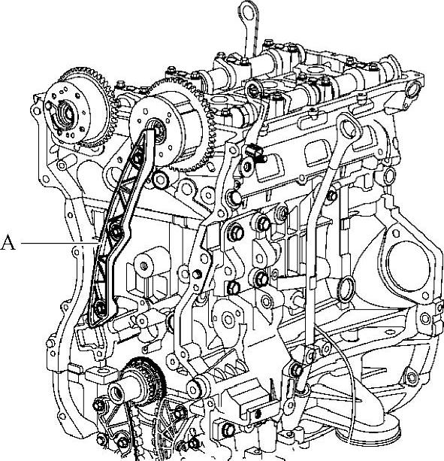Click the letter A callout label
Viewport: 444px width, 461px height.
pos(8,243)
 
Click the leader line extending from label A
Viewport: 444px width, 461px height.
pos(59,243)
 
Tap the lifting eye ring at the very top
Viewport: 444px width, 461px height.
pos(248,11)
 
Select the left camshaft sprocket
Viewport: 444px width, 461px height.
pos(78,107)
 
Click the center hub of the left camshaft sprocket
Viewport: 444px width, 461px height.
pos(66,114)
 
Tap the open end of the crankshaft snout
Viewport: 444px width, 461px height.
pos(116,393)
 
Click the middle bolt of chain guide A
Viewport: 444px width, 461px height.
pos(116,230)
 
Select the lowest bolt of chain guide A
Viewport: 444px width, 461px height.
pos(101,308)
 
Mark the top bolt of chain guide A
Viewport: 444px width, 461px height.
pos(137,158)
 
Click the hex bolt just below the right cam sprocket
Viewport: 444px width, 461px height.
pos(160,179)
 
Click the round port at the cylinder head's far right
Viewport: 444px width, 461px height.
pos(413,89)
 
